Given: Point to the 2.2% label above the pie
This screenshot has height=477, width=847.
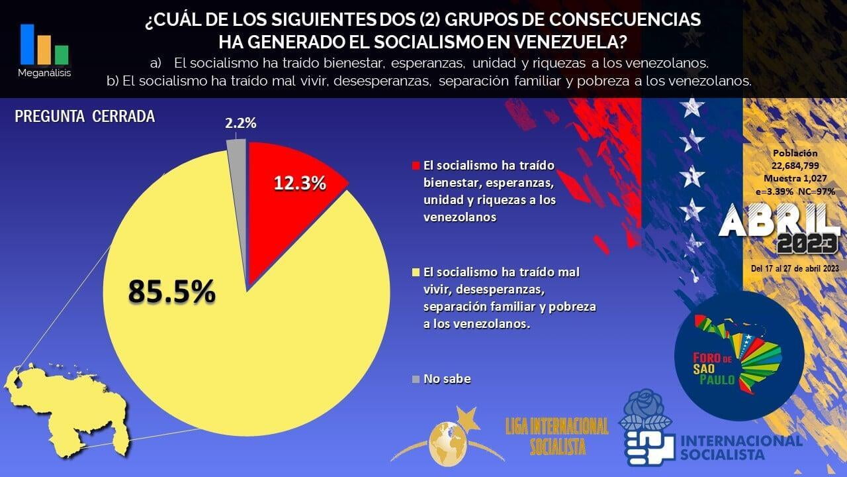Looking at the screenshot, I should [x=240, y=123].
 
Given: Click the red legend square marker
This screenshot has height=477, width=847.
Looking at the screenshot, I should [x=416, y=165].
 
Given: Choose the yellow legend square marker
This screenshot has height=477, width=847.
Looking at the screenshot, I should [x=416, y=272].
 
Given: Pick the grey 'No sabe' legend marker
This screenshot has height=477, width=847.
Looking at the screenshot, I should [x=416, y=379].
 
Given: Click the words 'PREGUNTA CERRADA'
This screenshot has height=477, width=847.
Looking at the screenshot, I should [x=85, y=117].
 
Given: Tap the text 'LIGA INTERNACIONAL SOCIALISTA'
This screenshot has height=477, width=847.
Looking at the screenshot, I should [x=557, y=436].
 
